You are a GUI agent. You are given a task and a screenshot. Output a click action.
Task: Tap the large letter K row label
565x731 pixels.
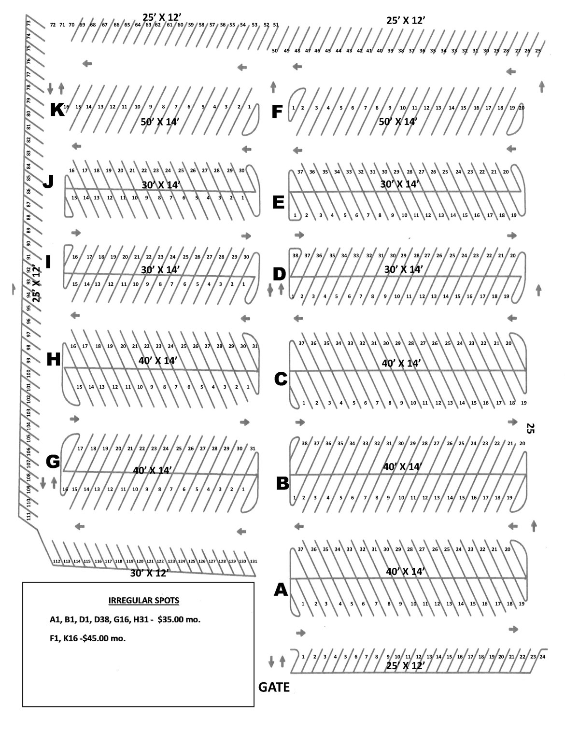(57, 110)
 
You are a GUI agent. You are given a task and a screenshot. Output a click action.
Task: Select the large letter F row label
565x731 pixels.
(277, 112)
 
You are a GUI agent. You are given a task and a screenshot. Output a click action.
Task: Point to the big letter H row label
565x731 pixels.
(54, 359)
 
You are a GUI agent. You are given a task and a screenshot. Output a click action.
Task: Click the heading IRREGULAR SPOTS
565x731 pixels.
(144, 601)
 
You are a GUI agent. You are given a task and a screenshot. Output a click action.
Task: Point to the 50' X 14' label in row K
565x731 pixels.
(160, 122)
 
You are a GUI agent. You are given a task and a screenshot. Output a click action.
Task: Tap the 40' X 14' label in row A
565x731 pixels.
(405, 572)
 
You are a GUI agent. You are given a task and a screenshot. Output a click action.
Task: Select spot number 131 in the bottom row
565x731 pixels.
(254, 562)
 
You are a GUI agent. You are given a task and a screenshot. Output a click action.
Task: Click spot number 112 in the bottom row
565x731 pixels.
(56, 562)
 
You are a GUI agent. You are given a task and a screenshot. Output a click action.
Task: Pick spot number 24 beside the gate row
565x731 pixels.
(542, 657)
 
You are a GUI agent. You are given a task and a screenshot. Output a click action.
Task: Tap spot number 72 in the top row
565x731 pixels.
(53, 25)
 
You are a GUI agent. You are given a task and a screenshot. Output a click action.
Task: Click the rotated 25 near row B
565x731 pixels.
(530, 428)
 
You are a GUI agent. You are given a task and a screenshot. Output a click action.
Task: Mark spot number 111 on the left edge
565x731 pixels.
(28, 516)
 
